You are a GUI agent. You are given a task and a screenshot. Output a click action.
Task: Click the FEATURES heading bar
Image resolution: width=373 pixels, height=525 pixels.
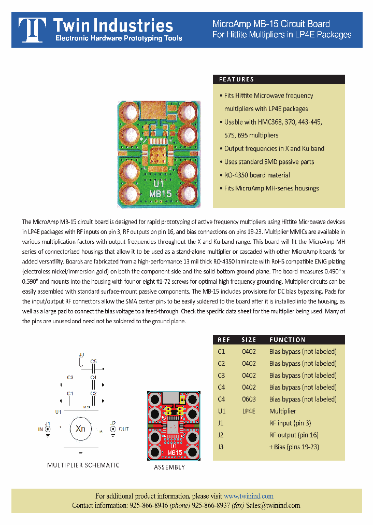(279, 79)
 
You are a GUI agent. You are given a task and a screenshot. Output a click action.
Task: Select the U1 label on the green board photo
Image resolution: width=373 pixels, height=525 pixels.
(159, 184)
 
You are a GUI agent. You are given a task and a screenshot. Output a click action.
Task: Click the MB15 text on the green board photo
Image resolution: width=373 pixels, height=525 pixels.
(160, 194)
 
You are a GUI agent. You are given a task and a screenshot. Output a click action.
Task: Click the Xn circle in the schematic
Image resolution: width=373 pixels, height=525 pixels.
(80, 429)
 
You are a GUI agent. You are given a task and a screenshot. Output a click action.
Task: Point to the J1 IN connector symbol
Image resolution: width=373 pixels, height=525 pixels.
(47, 429)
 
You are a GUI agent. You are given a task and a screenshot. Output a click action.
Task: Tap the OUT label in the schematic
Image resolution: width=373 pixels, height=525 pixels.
(124, 430)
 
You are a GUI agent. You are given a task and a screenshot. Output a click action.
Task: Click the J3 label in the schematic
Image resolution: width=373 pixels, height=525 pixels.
(81, 355)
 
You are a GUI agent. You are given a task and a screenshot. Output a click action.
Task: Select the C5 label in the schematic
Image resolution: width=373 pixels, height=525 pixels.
(94, 361)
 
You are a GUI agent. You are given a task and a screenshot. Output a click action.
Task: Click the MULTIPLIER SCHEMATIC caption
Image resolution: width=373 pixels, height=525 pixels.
(83, 465)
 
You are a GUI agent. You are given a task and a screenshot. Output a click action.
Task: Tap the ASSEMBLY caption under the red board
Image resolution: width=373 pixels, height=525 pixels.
(169, 467)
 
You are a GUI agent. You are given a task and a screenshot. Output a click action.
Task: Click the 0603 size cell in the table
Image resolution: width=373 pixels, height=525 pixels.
(249, 399)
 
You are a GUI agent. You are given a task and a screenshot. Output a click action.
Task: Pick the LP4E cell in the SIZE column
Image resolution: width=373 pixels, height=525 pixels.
(249, 411)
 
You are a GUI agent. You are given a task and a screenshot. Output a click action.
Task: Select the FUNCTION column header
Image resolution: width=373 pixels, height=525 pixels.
(287, 340)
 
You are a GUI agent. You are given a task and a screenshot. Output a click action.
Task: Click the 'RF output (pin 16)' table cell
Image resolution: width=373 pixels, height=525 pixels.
(294, 435)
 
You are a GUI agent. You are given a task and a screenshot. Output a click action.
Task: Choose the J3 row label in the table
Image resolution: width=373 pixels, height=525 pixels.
(221, 447)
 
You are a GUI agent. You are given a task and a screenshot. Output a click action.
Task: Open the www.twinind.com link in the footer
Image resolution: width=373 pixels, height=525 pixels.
(249, 496)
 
